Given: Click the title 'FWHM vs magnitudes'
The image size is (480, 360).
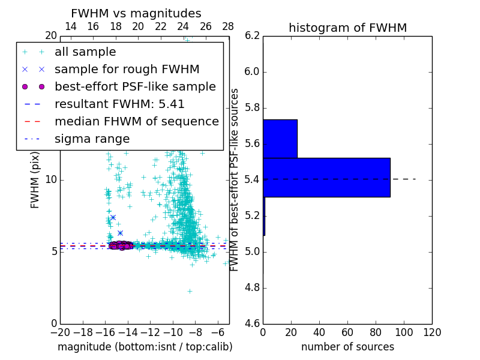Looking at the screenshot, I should coord(136,13).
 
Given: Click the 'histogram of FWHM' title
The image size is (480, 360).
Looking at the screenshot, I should coord(347,28).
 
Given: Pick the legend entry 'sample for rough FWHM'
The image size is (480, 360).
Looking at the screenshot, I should coord(127,70).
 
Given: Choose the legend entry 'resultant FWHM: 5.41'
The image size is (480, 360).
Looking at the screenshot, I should coord(119,104).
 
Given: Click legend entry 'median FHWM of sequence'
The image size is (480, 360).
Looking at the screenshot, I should coord(136,122).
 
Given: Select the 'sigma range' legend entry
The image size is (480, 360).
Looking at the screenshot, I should coord(92,139).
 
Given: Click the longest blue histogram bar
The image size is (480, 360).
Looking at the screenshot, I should coord(326,178).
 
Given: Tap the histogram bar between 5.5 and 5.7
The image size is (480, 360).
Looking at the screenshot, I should coord(280,139).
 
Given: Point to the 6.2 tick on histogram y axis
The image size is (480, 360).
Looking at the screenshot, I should coord(253,35).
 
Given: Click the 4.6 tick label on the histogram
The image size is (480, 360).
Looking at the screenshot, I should coord(253,323).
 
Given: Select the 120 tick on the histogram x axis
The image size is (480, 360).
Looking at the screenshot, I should coord(431,332).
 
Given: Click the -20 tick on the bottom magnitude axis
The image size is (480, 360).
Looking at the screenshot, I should coord(60,332).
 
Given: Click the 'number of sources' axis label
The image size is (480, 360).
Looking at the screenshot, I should coord(347,347).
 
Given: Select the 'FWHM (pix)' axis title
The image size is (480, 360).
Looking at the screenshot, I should coord(35,179).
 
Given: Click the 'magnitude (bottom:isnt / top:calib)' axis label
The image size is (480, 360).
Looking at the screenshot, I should coord(145,347).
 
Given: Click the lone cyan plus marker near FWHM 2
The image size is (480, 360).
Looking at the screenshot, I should coord(190,291).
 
